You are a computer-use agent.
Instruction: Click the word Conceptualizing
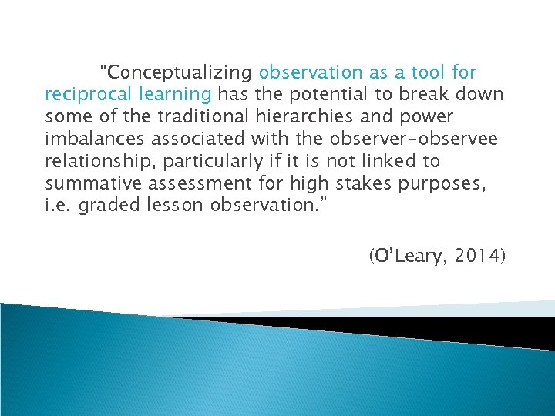(180, 73)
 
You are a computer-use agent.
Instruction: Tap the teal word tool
(428, 73)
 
